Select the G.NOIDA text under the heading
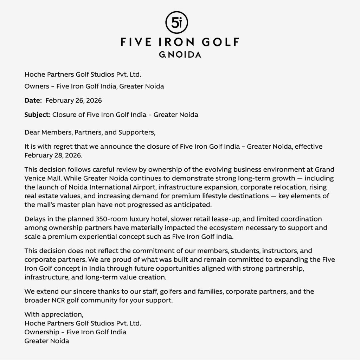click(180, 55)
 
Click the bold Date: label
click(33, 101)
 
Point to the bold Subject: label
click(37, 115)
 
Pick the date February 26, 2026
click(74, 101)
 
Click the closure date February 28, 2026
click(50, 155)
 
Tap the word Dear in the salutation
click(32, 133)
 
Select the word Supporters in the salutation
click(139, 133)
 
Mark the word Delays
click(35, 219)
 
